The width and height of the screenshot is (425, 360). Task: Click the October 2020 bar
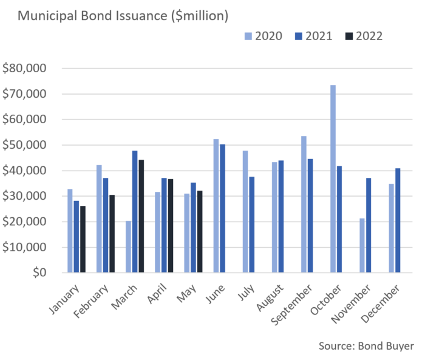(x=333, y=178)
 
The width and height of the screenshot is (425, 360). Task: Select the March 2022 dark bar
(x=141, y=216)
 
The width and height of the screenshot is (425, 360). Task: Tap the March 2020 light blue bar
(x=128, y=246)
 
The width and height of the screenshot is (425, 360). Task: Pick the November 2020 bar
(x=362, y=245)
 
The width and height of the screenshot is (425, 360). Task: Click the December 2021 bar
(x=398, y=220)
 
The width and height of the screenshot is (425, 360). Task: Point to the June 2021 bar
(x=222, y=208)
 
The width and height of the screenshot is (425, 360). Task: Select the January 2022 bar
(x=83, y=239)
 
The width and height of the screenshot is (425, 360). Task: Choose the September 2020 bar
(x=304, y=204)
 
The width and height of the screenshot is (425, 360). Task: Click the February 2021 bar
(x=106, y=225)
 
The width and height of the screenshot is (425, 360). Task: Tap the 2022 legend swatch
(x=349, y=36)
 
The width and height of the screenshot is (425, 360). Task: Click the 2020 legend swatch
(x=248, y=36)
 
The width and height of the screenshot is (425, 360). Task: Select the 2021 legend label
(x=319, y=36)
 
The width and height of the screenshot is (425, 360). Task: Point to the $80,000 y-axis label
(x=24, y=68)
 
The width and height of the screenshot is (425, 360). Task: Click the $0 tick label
(x=39, y=273)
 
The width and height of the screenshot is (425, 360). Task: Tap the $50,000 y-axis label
(x=24, y=145)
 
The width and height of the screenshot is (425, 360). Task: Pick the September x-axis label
(x=291, y=305)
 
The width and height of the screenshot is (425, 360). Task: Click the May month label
(x=186, y=293)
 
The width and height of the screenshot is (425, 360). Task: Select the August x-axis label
(x=270, y=297)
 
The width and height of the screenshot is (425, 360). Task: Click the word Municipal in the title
(x=48, y=16)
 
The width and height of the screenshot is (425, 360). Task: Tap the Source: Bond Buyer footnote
(x=366, y=346)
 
